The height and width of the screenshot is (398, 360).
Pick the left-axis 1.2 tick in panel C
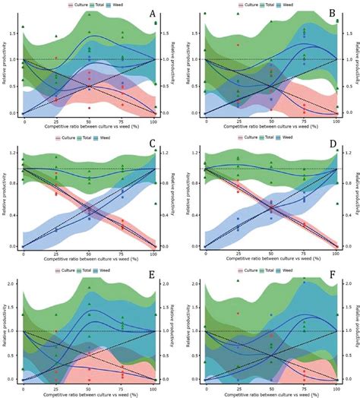point(14,153)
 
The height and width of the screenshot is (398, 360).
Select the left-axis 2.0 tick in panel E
point(14,283)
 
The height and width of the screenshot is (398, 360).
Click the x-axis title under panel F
point(270,393)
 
